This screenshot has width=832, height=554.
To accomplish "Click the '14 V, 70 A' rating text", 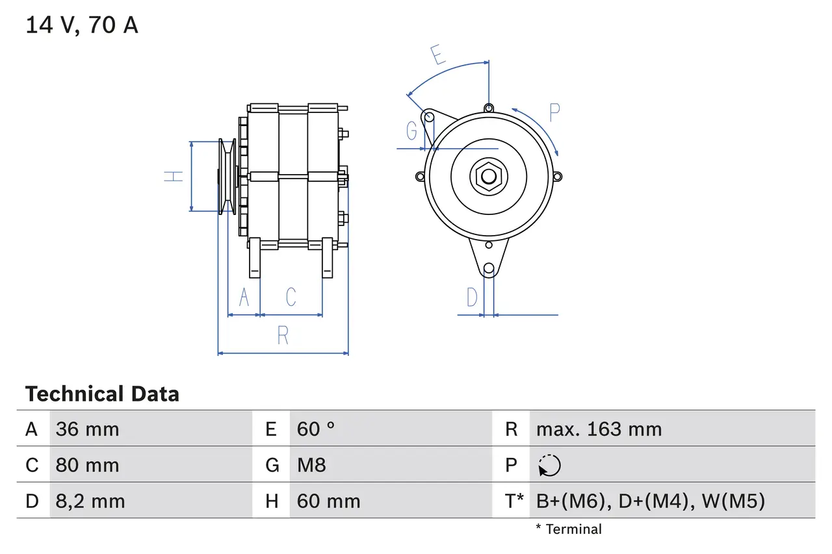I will (81, 25).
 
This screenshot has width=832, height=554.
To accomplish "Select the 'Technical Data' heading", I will (102, 394).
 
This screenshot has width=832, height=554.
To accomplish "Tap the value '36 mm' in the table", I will (87, 429).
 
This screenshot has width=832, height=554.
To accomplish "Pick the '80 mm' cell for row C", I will (87, 465).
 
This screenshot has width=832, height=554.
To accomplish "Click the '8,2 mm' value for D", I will (90, 501).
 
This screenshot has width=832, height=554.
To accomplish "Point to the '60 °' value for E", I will (316, 429).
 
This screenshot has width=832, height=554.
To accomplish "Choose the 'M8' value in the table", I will (311, 465).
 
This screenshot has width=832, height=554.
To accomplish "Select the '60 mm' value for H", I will (328, 501).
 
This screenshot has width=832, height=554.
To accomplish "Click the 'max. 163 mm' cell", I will (599, 429).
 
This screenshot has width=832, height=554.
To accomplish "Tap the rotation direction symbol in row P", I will (549, 465).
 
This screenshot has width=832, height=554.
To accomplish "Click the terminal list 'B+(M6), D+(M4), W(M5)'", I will (650, 501).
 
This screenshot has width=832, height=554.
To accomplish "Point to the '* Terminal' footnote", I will (569, 529).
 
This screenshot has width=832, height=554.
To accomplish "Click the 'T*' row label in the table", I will (515, 501).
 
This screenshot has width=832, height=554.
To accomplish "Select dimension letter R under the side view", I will (283, 335).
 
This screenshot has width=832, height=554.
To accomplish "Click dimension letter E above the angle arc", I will (439, 55).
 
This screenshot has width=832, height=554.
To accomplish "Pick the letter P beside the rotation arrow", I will (554, 112).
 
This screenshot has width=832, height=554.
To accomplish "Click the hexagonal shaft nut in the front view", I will (488, 176).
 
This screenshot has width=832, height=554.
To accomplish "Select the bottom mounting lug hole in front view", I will (489, 268).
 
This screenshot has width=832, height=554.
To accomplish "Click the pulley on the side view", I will (227, 176).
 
